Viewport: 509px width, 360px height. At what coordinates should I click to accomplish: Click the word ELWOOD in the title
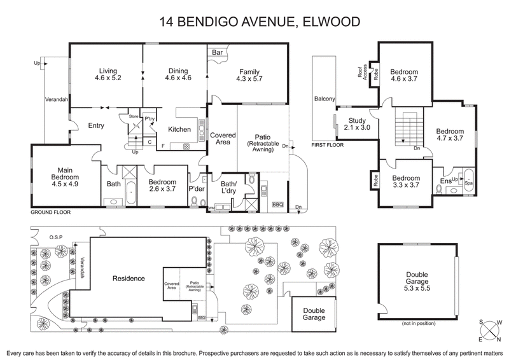click(326, 22)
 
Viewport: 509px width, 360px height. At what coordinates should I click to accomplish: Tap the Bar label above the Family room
click(217, 52)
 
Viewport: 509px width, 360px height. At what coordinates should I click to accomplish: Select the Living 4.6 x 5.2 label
click(106, 75)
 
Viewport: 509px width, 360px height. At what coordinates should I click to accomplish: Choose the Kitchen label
click(179, 130)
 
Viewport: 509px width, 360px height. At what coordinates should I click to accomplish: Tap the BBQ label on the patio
click(277, 205)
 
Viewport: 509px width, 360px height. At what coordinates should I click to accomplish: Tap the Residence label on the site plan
click(129, 279)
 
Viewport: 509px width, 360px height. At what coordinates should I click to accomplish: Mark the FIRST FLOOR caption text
click(328, 145)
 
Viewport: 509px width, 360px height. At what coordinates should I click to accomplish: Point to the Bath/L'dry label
click(228, 187)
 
